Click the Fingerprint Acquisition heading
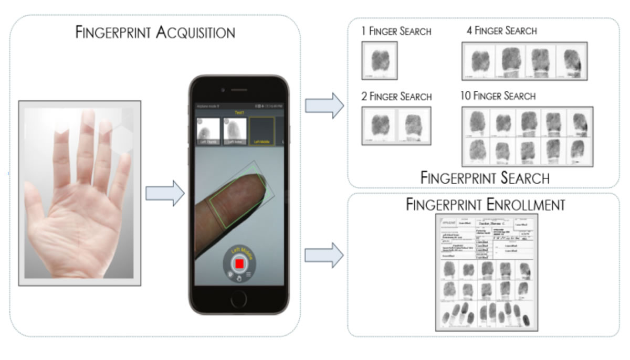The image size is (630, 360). point(155,33)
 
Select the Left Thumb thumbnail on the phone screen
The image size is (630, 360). point(207,131)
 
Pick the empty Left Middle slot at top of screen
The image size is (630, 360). point(261,131)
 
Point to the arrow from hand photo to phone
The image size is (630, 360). point(164,194)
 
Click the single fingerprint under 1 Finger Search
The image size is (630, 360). point(379,61)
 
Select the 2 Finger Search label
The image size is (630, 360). point(397,97)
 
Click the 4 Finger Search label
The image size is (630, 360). point(501,30)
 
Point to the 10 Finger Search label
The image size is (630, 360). point(497,96)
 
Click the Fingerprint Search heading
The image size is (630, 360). point(485,178)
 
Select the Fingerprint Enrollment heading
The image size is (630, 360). point(485,204)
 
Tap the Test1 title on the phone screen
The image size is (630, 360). point(239,112)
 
